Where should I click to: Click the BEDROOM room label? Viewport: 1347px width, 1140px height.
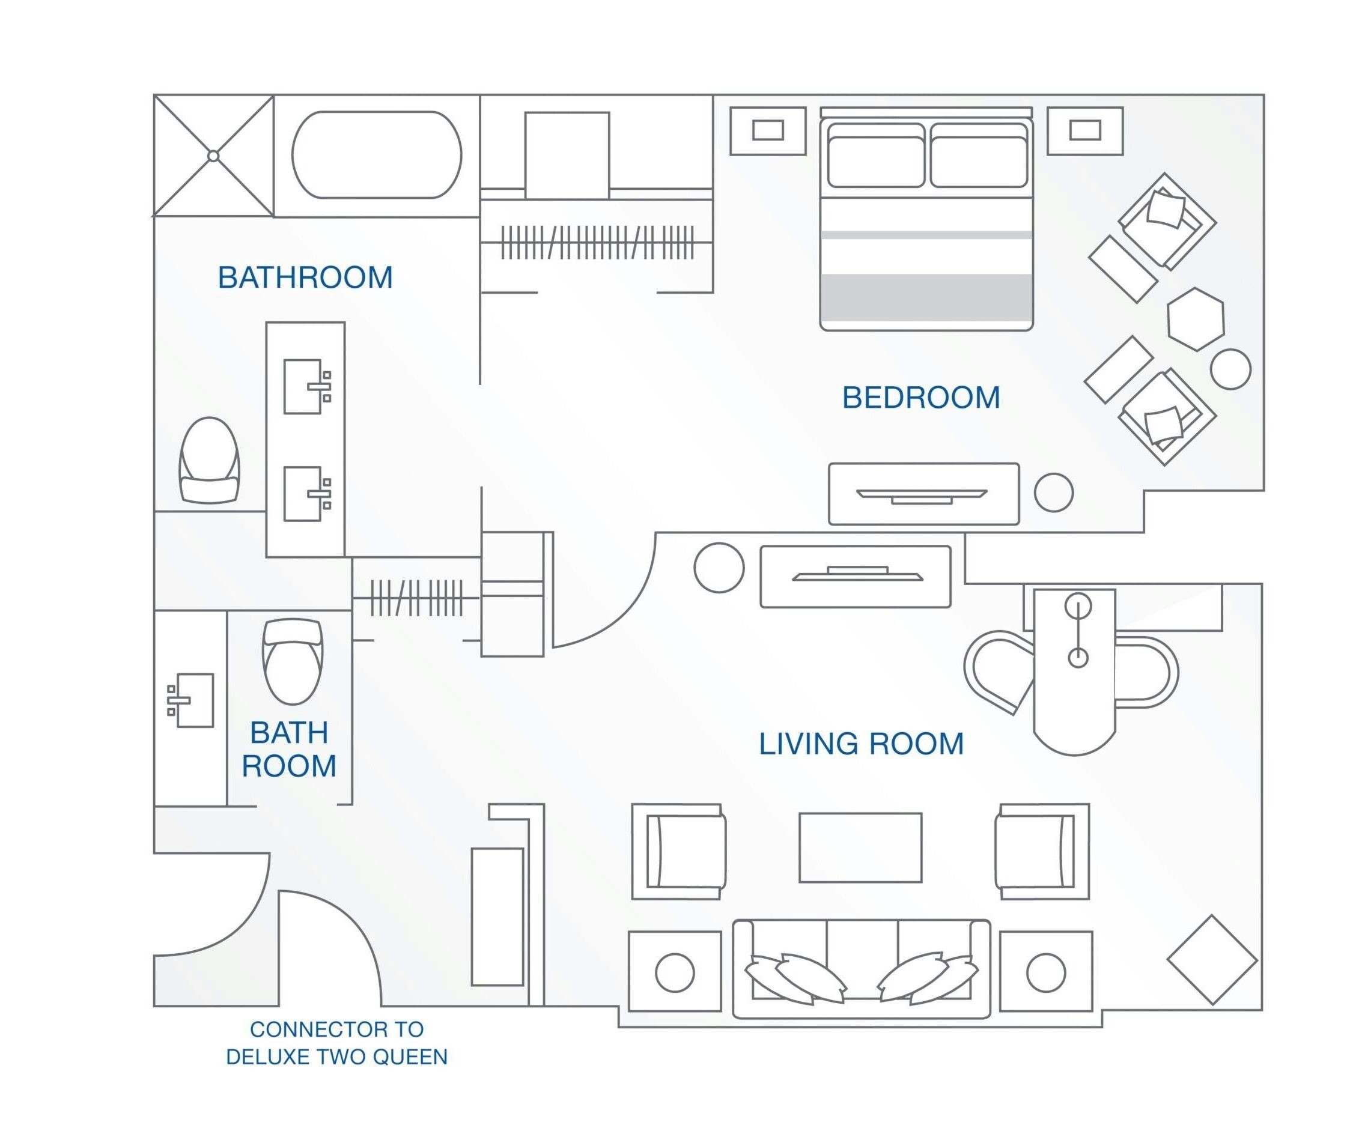click(x=921, y=398)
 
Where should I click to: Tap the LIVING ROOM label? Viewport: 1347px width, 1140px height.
click(x=861, y=744)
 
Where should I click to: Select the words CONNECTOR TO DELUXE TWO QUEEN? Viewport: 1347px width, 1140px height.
click(x=336, y=1043)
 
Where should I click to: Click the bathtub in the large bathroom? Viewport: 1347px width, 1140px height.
click(x=377, y=155)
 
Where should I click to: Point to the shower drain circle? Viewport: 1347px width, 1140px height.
click(x=213, y=156)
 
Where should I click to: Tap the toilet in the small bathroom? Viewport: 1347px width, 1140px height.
click(x=293, y=661)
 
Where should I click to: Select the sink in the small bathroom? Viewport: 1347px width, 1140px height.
click(x=190, y=700)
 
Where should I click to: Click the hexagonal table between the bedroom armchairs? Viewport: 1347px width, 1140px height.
click(x=1196, y=320)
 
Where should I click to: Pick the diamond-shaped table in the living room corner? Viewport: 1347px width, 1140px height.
click(x=1212, y=960)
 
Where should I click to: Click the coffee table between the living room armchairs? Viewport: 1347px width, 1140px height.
click(x=860, y=847)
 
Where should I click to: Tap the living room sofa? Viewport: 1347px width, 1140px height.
click(x=861, y=969)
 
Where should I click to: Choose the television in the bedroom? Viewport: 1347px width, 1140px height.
click(x=922, y=496)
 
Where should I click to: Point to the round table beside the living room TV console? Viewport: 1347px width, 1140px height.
click(x=719, y=568)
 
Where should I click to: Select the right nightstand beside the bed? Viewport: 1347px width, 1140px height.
click(x=1085, y=130)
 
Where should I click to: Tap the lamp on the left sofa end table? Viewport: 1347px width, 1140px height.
click(x=675, y=972)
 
